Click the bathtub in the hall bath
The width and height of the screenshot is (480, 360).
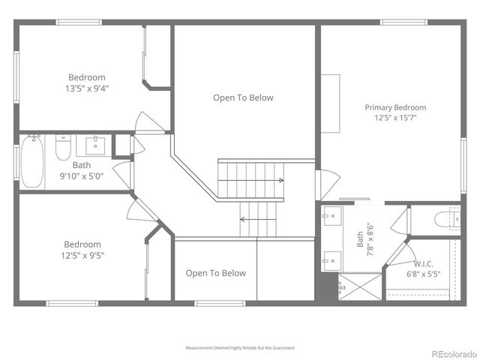click(x=31, y=161)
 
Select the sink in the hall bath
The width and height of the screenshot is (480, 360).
click(x=96, y=145)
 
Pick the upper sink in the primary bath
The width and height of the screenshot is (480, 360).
click(x=331, y=218)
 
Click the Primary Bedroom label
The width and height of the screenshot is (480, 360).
click(x=395, y=107)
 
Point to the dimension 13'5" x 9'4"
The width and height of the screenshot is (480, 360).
click(x=87, y=88)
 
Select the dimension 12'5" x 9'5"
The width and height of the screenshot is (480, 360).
click(x=82, y=255)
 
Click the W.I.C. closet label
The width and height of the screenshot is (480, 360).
click(x=424, y=264)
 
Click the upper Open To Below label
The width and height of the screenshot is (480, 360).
click(x=243, y=97)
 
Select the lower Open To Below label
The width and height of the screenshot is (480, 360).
click(x=215, y=273)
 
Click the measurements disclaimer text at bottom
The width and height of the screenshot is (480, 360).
click(x=240, y=348)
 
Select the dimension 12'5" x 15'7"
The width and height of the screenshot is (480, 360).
click(x=395, y=118)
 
